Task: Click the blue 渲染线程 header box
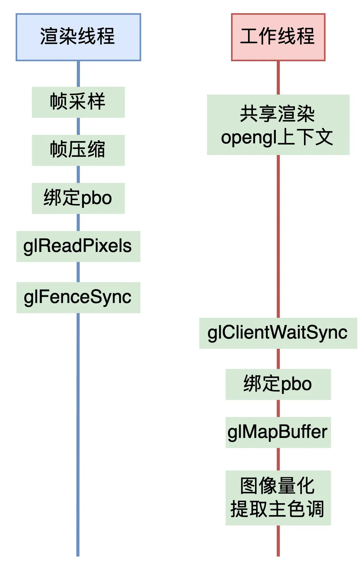pos(78,37)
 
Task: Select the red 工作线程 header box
pos(278,37)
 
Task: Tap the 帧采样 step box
pos(78,102)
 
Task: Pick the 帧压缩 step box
pos(78,150)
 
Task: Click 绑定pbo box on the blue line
pos(78,198)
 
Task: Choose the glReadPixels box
pos(78,246)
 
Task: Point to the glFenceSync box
pos(78,297)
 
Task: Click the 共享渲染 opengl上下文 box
pos(278,125)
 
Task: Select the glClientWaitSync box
pos(278,333)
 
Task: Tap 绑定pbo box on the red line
pos(278,384)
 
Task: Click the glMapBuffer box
pos(278,432)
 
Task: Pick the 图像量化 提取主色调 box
pos(278,497)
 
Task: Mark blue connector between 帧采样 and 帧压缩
pos(78,126)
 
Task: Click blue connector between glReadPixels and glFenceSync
pos(78,272)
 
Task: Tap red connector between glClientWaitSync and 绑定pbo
pos(278,359)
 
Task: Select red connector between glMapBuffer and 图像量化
pos(278,459)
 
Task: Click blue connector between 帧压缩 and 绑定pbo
pos(78,174)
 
